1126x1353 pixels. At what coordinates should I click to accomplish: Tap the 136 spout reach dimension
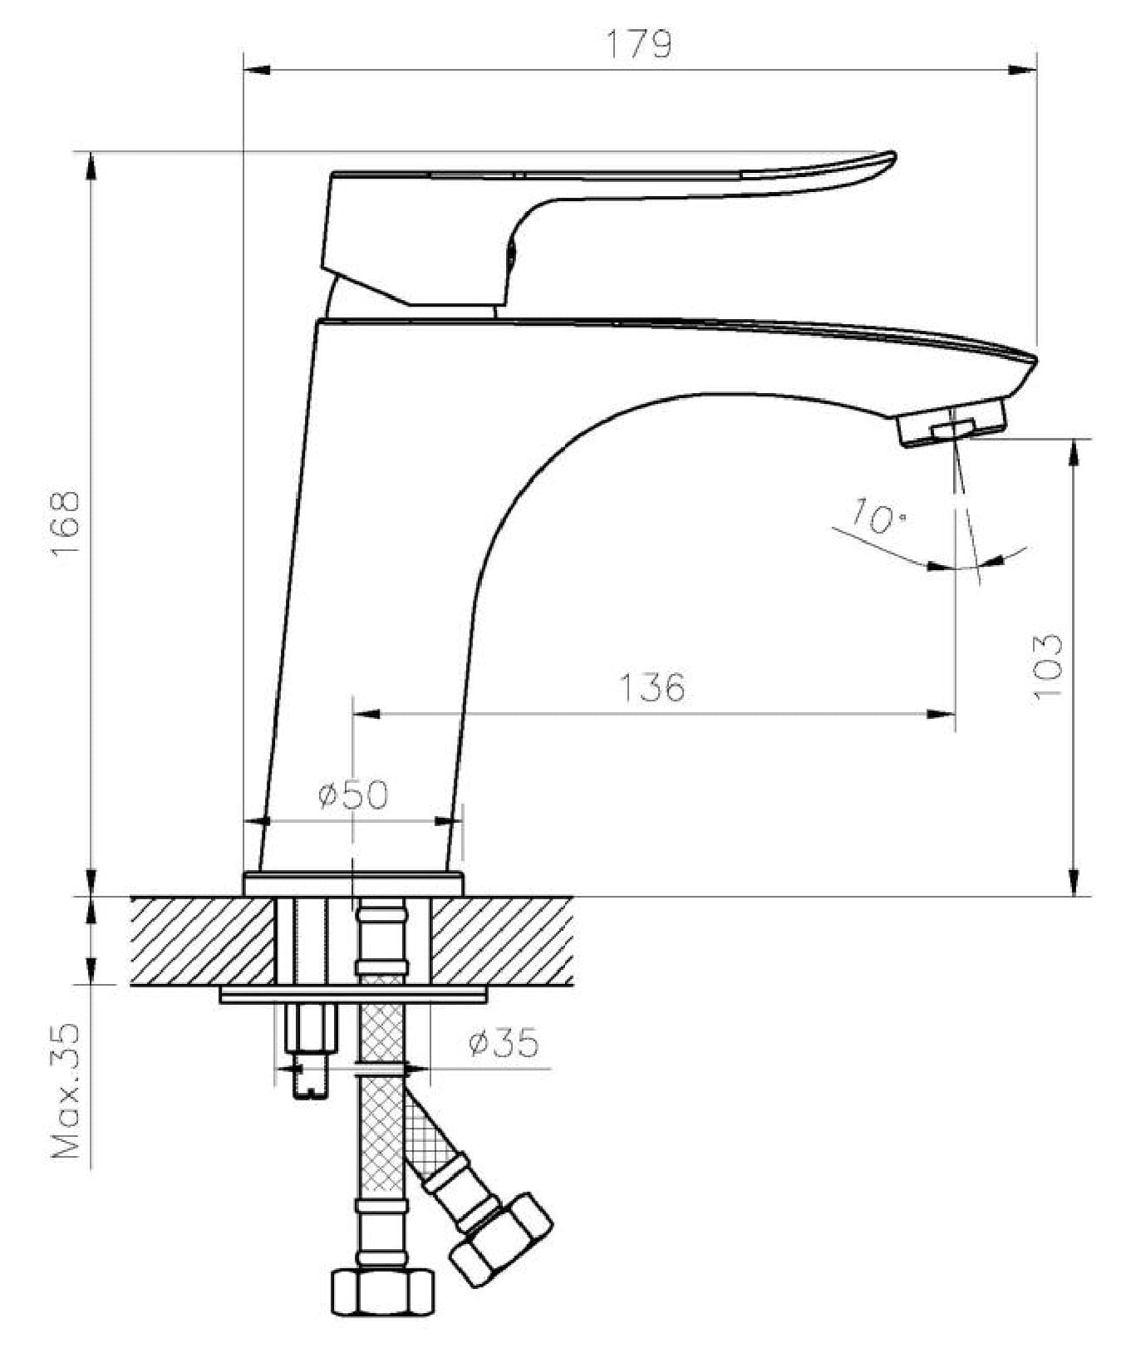click(652, 687)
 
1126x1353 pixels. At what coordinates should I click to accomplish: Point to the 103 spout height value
click(1048, 667)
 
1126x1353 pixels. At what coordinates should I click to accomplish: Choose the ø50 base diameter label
click(353, 795)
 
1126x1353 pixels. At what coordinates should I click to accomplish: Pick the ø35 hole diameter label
click(503, 1041)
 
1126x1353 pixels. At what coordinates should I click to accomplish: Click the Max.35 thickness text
click(67, 1090)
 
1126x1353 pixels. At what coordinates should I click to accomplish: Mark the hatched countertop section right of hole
click(502, 940)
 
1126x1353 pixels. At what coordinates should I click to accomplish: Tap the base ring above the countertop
click(353, 884)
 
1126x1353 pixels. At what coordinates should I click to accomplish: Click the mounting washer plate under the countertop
click(353, 995)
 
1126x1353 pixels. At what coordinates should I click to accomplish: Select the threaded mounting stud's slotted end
click(310, 1085)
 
